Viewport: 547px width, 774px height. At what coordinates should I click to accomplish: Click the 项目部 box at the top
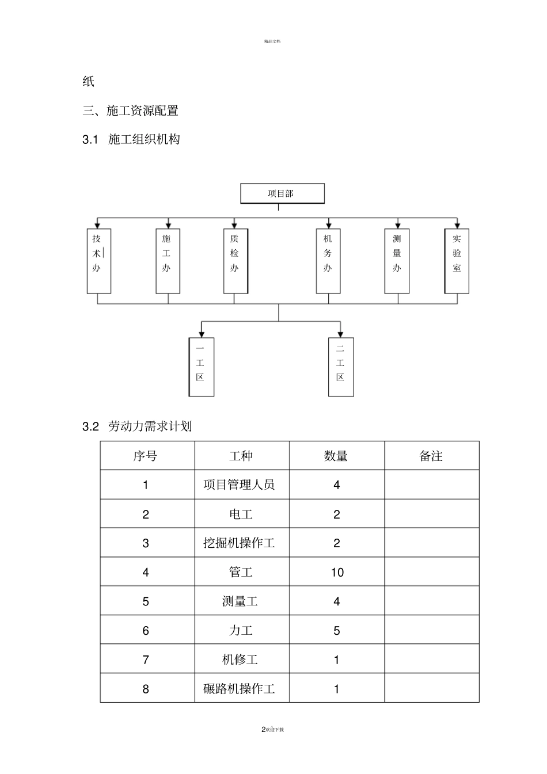click(x=282, y=193)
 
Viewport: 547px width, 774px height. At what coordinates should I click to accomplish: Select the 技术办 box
click(x=98, y=261)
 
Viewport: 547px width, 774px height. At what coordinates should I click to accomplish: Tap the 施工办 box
click(x=168, y=261)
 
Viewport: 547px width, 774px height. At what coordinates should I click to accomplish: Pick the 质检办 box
click(x=235, y=261)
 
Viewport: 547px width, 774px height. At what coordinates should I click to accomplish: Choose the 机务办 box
click(x=328, y=261)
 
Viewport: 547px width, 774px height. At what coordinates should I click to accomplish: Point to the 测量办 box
click(x=397, y=261)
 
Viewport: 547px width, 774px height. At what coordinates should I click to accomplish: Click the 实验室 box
click(x=457, y=261)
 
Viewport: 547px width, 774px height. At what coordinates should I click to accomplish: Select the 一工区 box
click(x=202, y=367)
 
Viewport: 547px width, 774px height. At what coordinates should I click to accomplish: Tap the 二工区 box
click(x=341, y=367)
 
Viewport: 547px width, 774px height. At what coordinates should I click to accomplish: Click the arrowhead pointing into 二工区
click(x=340, y=334)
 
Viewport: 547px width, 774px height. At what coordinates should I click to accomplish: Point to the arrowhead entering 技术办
click(x=98, y=225)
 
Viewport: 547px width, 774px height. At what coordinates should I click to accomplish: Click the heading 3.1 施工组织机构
click(x=132, y=139)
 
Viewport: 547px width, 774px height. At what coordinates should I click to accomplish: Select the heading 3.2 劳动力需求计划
click(x=138, y=426)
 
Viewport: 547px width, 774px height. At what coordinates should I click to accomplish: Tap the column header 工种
click(x=241, y=456)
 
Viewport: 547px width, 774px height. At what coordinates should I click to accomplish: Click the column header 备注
click(x=431, y=456)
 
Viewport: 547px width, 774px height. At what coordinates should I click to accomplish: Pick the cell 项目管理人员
click(x=240, y=485)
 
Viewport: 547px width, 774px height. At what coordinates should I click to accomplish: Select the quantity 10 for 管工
click(x=337, y=572)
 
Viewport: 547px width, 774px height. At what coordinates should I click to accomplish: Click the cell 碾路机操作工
click(x=240, y=688)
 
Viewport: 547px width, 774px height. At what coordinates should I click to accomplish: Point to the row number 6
click(x=146, y=630)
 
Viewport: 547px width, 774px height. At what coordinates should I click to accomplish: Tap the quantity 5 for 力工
click(x=337, y=630)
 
